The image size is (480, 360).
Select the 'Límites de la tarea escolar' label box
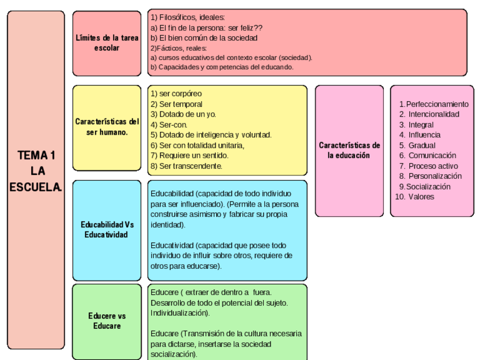[x=107, y=43]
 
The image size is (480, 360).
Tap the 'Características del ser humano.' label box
[x=107, y=127]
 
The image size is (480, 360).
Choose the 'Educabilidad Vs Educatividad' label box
[x=107, y=230]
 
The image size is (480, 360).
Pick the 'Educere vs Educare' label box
[x=107, y=321]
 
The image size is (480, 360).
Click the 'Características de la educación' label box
[x=349, y=150]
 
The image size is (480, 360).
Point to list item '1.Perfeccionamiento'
[x=434, y=104]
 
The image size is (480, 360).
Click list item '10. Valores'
[x=414, y=197]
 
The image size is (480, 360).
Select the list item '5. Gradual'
[x=417, y=145]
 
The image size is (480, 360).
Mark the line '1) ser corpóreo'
[x=176, y=93]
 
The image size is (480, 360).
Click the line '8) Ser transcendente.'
[x=186, y=166]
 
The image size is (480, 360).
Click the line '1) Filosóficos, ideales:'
[x=187, y=18]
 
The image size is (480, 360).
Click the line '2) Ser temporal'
[x=176, y=104]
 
